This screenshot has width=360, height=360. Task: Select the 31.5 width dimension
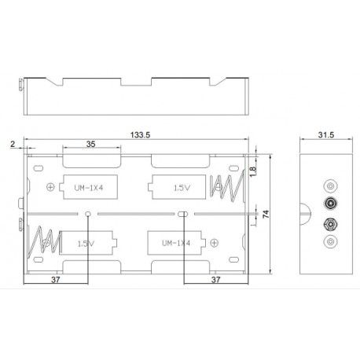325,134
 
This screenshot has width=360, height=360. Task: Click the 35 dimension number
92,145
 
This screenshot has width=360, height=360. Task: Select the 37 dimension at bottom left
55,279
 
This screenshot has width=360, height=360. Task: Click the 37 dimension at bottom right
215,279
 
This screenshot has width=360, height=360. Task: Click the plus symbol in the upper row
51,187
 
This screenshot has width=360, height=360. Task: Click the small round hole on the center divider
88,215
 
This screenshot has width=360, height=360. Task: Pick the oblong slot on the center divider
183,215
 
